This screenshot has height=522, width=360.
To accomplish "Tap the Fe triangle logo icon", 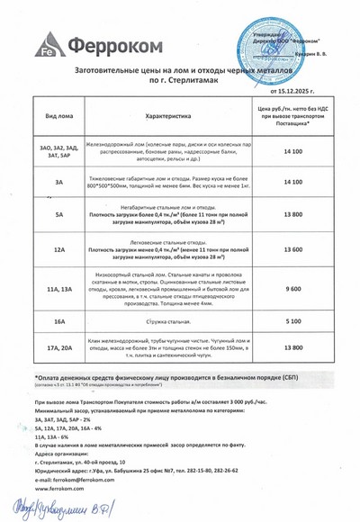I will tap(47, 45).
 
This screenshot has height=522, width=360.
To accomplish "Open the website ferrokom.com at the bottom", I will tap(57, 490).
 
